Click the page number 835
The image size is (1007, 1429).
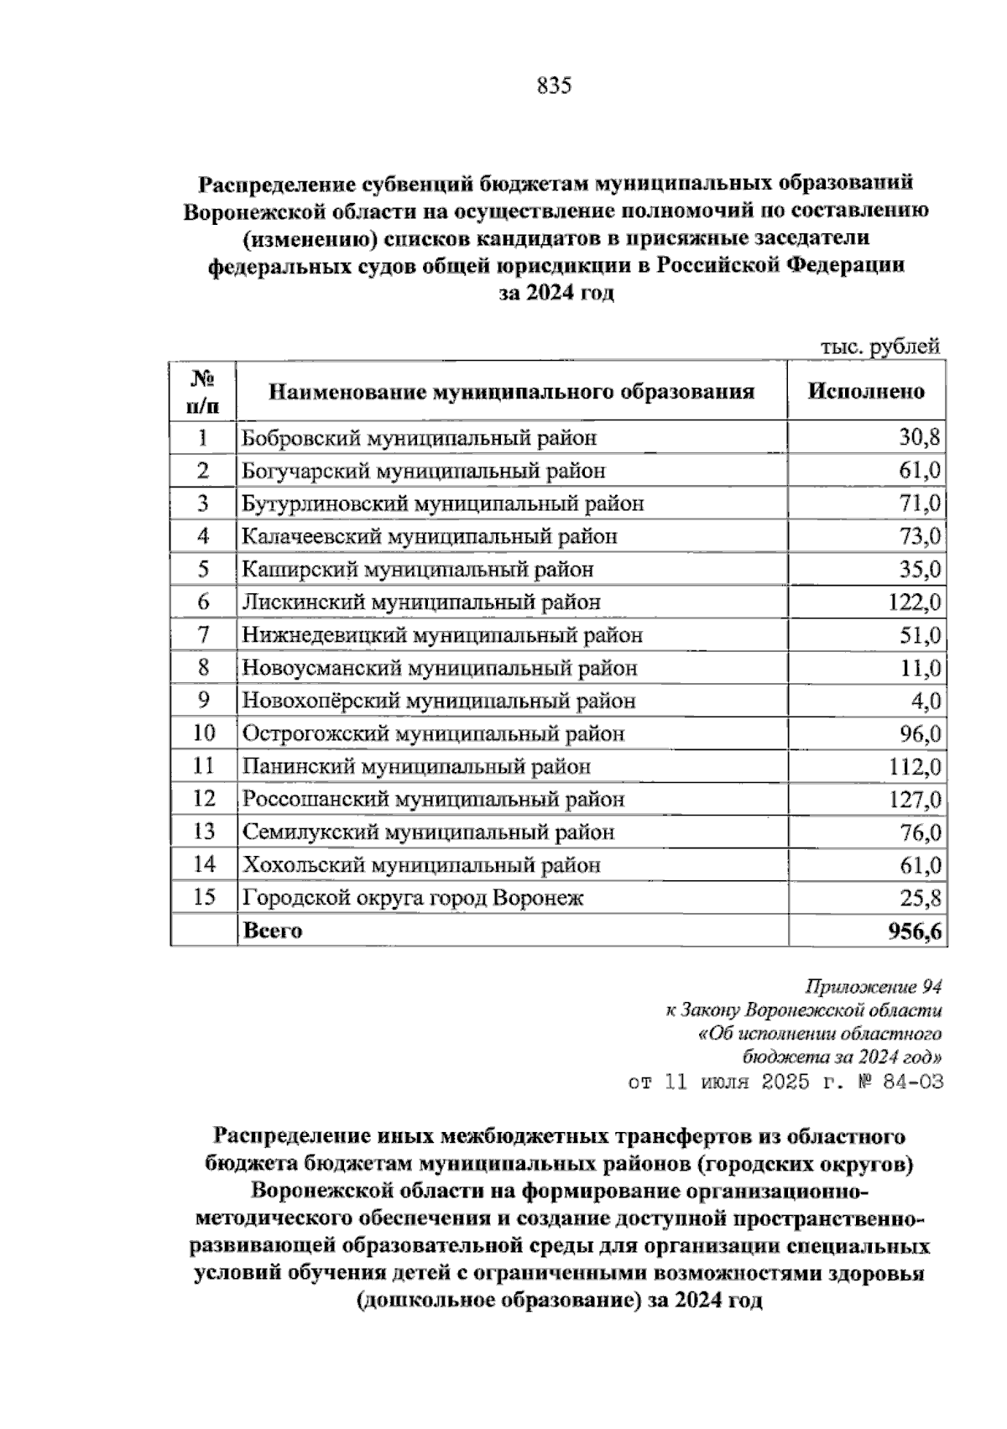554,86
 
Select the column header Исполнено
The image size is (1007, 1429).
866,391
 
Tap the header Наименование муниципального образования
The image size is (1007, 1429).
511,391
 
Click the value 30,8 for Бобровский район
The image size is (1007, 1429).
920,437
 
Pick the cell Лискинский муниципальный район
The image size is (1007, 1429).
421,602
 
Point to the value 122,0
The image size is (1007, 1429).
915,602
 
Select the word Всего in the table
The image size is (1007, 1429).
273,931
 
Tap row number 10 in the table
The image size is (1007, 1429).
204,733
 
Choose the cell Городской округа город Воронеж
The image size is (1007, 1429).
413,898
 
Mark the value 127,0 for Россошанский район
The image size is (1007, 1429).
915,799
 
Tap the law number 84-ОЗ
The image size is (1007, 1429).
909,1082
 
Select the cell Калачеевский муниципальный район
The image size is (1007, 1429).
430,536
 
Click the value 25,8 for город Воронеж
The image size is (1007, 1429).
920,898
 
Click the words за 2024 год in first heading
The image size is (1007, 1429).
556,294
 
